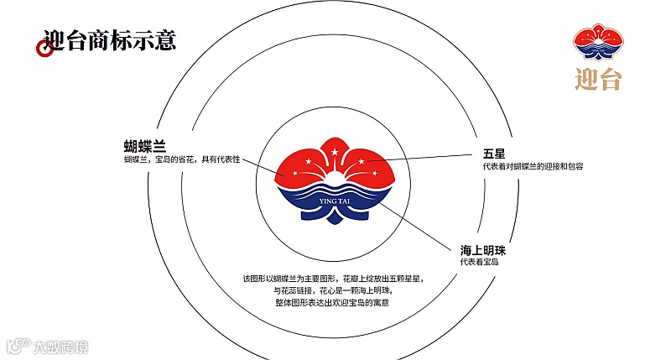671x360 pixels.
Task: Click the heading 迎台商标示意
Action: click(x=109, y=39)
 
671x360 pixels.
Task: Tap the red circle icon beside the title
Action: click(x=44, y=49)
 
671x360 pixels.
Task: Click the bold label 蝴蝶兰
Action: click(x=144, y=145)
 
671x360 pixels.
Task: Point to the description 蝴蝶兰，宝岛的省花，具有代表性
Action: click(x=182, y=159)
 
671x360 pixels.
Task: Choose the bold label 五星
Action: click(x=493, y=154)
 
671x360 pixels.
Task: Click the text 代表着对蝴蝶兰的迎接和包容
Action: click(x=527, y=166)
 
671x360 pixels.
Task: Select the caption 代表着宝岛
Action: click(x=478, y=263)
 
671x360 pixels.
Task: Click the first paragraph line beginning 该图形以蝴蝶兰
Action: click(x=334, y=278)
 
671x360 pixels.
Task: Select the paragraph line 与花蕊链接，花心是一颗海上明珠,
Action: click(x=334, y=290)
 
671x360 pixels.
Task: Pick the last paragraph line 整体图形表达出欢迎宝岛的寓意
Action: click(x=334, y=302)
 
